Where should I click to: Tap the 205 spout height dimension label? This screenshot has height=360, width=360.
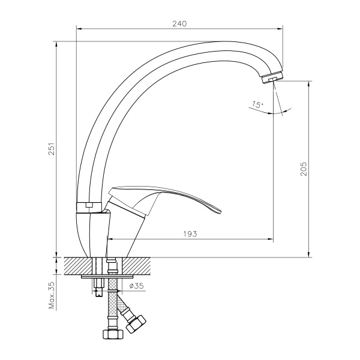coord(304,169)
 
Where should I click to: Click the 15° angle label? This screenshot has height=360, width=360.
coord(257,105)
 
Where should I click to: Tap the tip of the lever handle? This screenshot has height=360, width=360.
coord(219,211)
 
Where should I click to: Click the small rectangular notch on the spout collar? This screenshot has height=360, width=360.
coord(88,205)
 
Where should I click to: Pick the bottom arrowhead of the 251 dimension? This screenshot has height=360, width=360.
coord(57,254)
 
